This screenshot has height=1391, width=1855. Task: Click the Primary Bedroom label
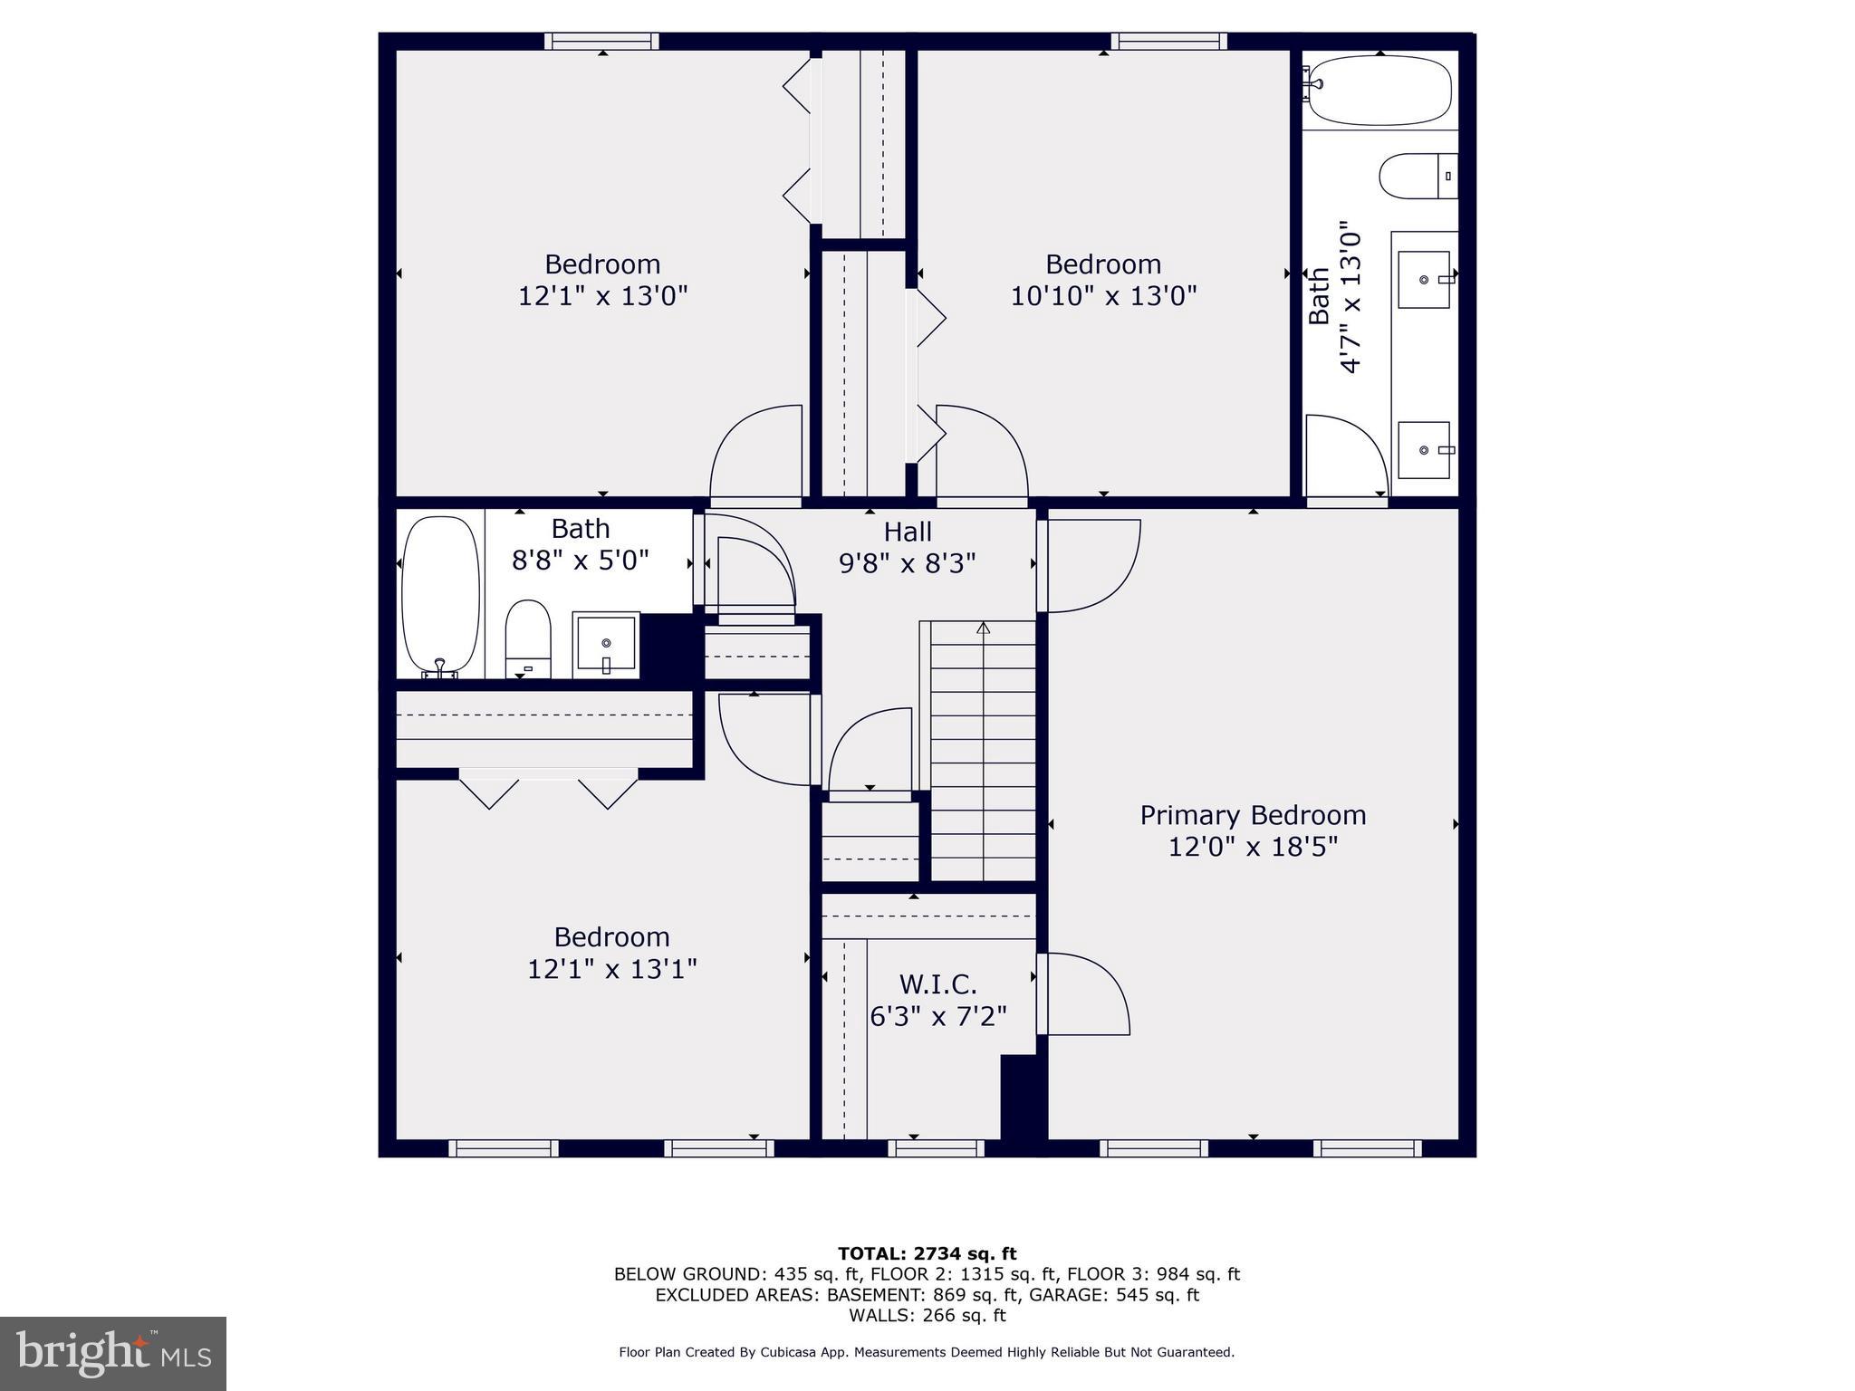[x=1253, y=815]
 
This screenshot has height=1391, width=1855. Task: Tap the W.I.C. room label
[x=937, y=984]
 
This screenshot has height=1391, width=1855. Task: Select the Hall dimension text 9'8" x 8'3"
[x=907, y=563]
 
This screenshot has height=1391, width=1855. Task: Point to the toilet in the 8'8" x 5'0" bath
[x=528, y=638]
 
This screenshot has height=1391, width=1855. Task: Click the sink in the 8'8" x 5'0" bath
[x=606, y=643]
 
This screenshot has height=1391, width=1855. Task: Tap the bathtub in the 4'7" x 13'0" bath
[x=1379, y=91]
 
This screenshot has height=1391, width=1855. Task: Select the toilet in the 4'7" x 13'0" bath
[x=1417, y=176]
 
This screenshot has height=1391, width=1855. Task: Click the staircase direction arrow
[x=984, y=628]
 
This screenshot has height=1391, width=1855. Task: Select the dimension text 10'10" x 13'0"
[x=1103, y=296]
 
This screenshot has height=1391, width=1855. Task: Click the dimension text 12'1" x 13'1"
[x=611, y=969]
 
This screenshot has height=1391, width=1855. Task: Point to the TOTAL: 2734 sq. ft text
[x=927, y=1253]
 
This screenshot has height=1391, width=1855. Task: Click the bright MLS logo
[x=113, y=1353]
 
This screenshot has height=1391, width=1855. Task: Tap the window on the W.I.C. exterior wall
[x=936, y=1148]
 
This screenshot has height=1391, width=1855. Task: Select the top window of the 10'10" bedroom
[x=1168, y=41]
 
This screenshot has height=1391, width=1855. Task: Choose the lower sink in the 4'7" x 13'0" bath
[x=1425, y=450]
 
